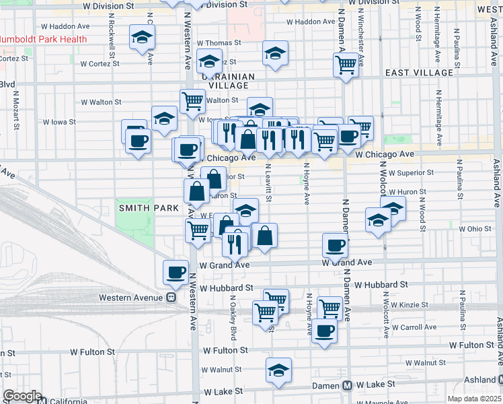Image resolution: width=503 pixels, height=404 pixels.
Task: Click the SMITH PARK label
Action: click(141, 208)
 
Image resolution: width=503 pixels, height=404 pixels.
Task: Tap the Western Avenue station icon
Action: click(171, 297)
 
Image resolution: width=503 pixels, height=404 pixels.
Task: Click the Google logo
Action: click(22, 396)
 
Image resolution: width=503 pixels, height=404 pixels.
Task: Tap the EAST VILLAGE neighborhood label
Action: click(419, 73)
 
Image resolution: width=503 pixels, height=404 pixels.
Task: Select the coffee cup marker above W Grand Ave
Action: click(335, 245)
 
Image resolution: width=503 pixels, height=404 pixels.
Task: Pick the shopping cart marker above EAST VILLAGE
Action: click(346, 65)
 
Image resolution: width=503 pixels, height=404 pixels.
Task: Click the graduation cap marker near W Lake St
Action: click(278, 370)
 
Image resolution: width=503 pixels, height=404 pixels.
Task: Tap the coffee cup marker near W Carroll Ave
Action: click(324, 330)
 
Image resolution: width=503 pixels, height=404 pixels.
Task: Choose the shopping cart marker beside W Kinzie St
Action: click(330, 307)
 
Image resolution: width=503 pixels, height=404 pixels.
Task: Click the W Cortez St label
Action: click(100, 65)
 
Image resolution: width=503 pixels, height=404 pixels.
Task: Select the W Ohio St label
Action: click(476, 229)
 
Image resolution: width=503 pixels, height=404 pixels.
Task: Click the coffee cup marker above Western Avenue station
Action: click(176, 272)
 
